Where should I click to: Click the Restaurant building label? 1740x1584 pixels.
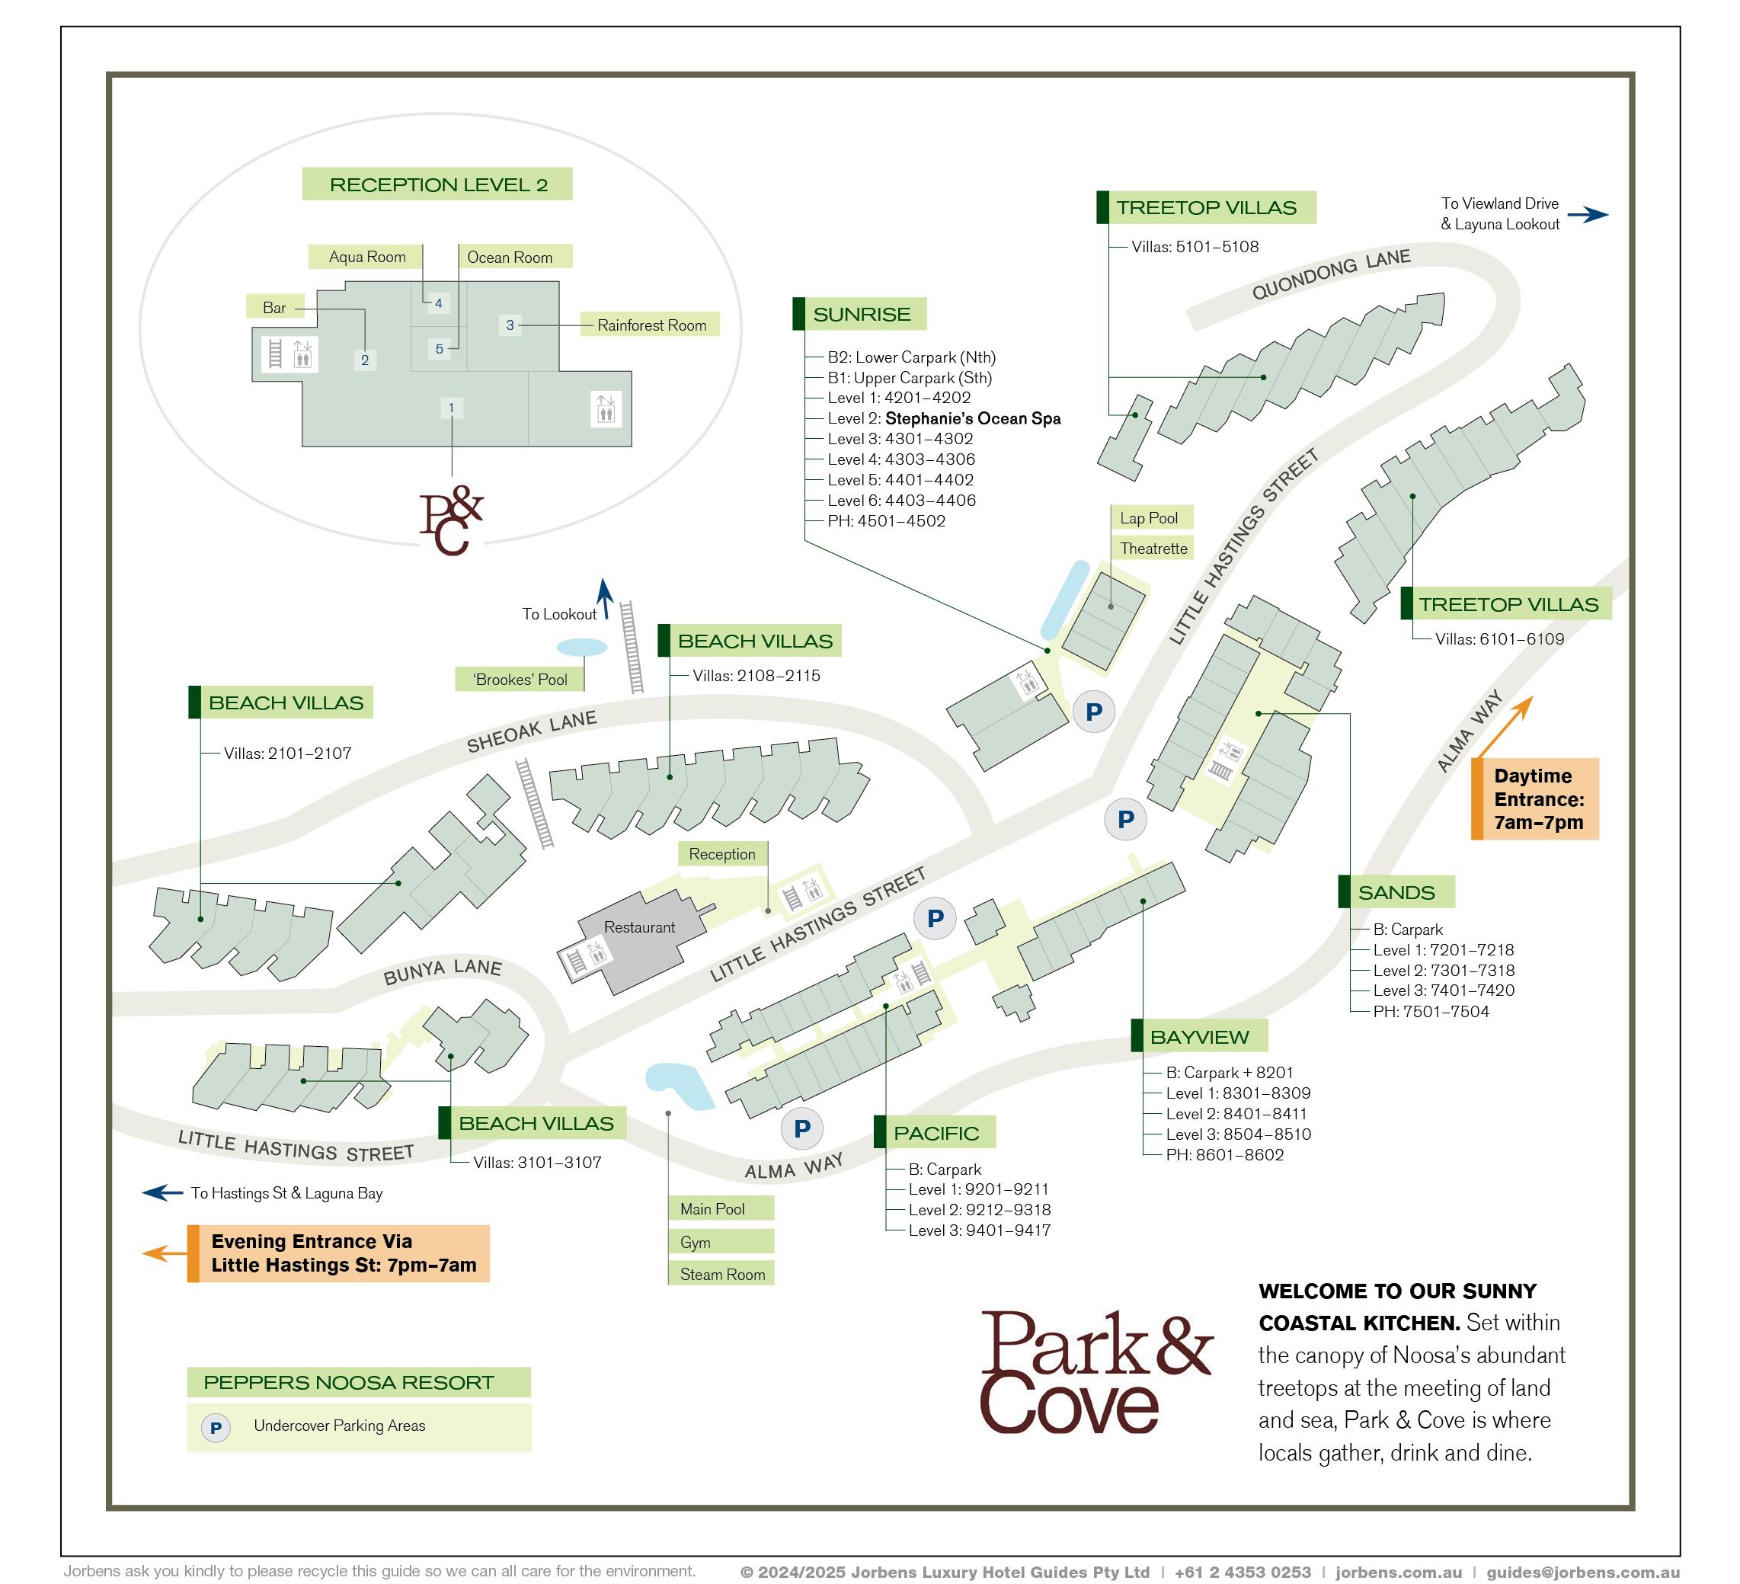638,927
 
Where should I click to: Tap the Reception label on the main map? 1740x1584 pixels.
721,854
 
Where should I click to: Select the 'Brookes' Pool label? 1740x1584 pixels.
520,680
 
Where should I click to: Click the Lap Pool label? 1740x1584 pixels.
1149,518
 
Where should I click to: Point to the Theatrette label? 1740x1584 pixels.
1153,548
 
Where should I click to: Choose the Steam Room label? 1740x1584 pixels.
721,1274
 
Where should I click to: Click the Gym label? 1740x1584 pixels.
696,1242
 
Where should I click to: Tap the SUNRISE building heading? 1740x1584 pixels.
861,314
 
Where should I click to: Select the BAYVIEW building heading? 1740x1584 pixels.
1199,1037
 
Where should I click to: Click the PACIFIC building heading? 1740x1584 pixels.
936,1132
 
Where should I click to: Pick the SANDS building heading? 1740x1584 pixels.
1396,891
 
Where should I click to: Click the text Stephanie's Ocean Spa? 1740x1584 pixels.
973,418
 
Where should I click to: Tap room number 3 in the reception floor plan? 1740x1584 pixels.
510,325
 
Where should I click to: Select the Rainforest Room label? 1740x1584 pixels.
651,325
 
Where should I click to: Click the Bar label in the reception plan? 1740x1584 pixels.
274,307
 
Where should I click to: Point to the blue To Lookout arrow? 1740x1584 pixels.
605,597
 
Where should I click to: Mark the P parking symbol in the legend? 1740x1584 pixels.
216,1428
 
